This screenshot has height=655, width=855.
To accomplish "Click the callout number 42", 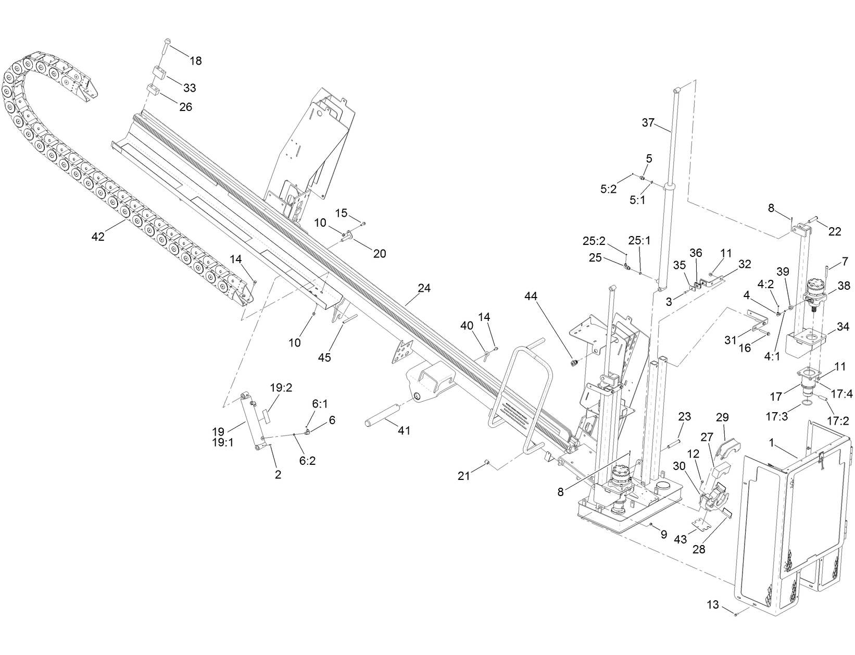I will click(x=97, y=237).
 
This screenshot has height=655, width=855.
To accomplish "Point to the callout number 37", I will click(x=648, y=123).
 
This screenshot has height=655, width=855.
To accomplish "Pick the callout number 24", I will click(x=424, y=288).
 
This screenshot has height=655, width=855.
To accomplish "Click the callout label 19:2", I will click(x=281, y=388).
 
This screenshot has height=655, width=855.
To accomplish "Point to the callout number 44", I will click(x=531, y=296).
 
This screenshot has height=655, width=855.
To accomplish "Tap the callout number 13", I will click(x=713, y=605).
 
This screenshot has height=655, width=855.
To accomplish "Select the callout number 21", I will click(x=464, y=476).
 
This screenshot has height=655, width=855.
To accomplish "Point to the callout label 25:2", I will click(x=594, y=241).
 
